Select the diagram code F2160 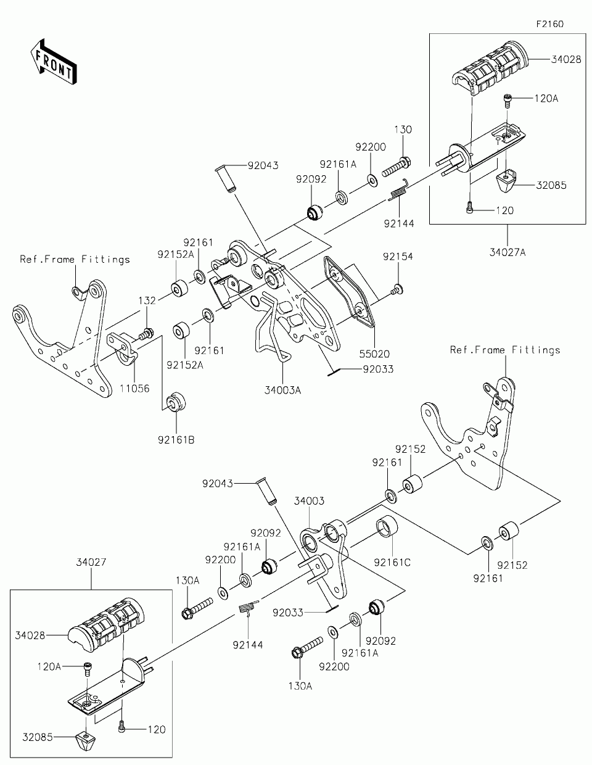pyautogui.click(x=549, y=24)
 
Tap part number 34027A pyautogui.click(x=508, y=252)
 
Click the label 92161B pyautogui.click(x=176, y=440)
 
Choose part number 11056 pyautogui.click(x=134, y=389)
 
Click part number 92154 pyautogui.click(x=397, y=256)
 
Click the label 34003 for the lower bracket pyautogui.click(x=309, y=501)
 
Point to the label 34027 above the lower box pyautogui.click(x=91, y=563)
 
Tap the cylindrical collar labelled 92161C pyautogui.click(x=386, y=529)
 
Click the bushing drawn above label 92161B pyautogui.click(x=177, y=400)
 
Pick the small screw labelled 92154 pyautogui.click(x=397, y=287)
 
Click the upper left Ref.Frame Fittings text pyautogui.click(x=75, y=260)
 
